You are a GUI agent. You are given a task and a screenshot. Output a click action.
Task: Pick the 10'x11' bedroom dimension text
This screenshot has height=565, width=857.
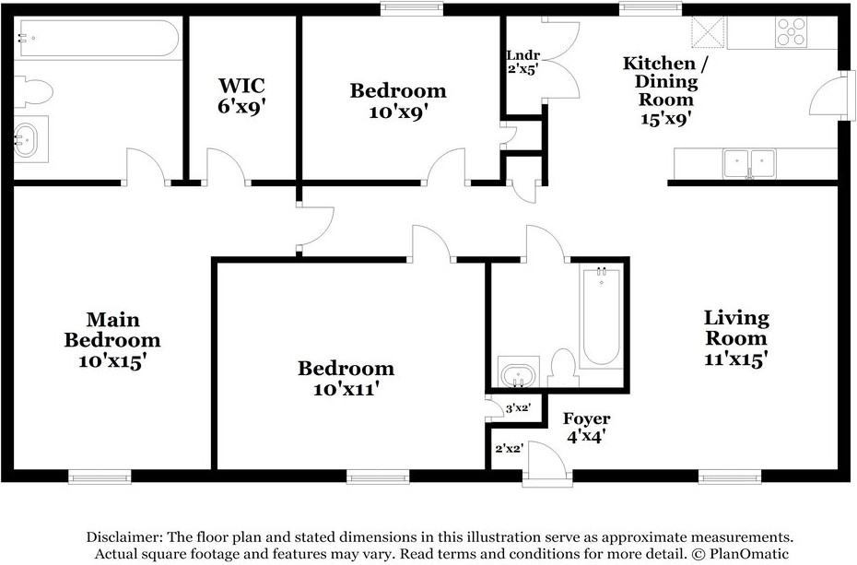[x=346, y=389]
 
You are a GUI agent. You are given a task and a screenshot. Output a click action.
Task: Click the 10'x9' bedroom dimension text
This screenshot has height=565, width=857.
[x=398, y=112]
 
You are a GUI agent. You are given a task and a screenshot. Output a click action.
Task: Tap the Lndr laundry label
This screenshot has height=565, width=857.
[x=523, y=55]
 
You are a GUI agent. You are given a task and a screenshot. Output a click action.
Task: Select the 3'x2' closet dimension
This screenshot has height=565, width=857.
[x=518, y=407]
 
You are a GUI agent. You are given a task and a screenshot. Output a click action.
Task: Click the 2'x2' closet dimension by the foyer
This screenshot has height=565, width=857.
[x=510, y=449]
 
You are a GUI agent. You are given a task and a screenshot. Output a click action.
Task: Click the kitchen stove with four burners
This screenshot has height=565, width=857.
[x=791, y=31]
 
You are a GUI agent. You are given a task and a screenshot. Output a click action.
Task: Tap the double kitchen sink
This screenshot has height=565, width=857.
[x=749, y=163]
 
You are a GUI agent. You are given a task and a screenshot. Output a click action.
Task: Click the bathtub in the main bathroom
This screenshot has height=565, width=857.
[x=96, y=38]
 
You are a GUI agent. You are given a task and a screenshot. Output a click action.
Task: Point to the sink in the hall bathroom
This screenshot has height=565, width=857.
[x=519, y=371]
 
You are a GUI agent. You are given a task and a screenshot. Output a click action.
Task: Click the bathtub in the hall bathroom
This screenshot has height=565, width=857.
[x=601, y=316]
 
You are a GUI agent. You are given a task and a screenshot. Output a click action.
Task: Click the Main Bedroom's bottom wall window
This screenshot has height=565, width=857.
[x=100, y=477]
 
